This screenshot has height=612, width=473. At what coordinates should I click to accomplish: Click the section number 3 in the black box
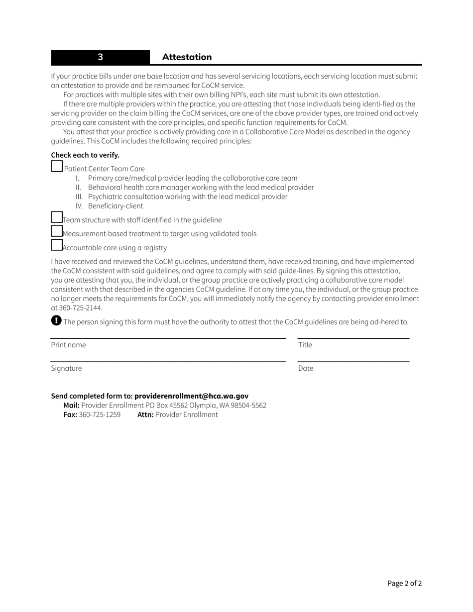click(x=100, y=57)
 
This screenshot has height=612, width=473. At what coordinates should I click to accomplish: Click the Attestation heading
click(x=187, y=57)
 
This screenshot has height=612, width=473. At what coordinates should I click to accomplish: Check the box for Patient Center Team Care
click(x=57, y=166)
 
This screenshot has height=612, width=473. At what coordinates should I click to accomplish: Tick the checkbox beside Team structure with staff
click(x=57, y=217)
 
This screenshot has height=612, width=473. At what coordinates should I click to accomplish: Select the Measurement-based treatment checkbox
click(x=57, y=231)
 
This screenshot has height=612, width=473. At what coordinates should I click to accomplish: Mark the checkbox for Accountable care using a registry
click(x=57, y=245)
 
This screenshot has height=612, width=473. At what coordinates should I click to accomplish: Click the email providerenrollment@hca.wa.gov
click(x=191, y=396)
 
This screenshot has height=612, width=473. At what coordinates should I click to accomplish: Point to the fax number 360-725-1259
click(x=100, y=414)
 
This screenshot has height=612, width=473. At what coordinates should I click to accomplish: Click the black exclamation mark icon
click(x=56, y=320)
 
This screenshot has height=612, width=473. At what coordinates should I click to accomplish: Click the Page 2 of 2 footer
click(x=404, y=584)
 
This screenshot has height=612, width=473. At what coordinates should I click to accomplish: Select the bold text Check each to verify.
click(x=85, y=155)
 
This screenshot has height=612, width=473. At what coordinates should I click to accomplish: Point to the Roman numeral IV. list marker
click(x=79, y=206)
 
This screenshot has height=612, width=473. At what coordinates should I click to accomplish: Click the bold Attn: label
click(x=145, y=414)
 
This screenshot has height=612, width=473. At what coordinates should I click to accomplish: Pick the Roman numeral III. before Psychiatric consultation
click(x=79, y=197)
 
